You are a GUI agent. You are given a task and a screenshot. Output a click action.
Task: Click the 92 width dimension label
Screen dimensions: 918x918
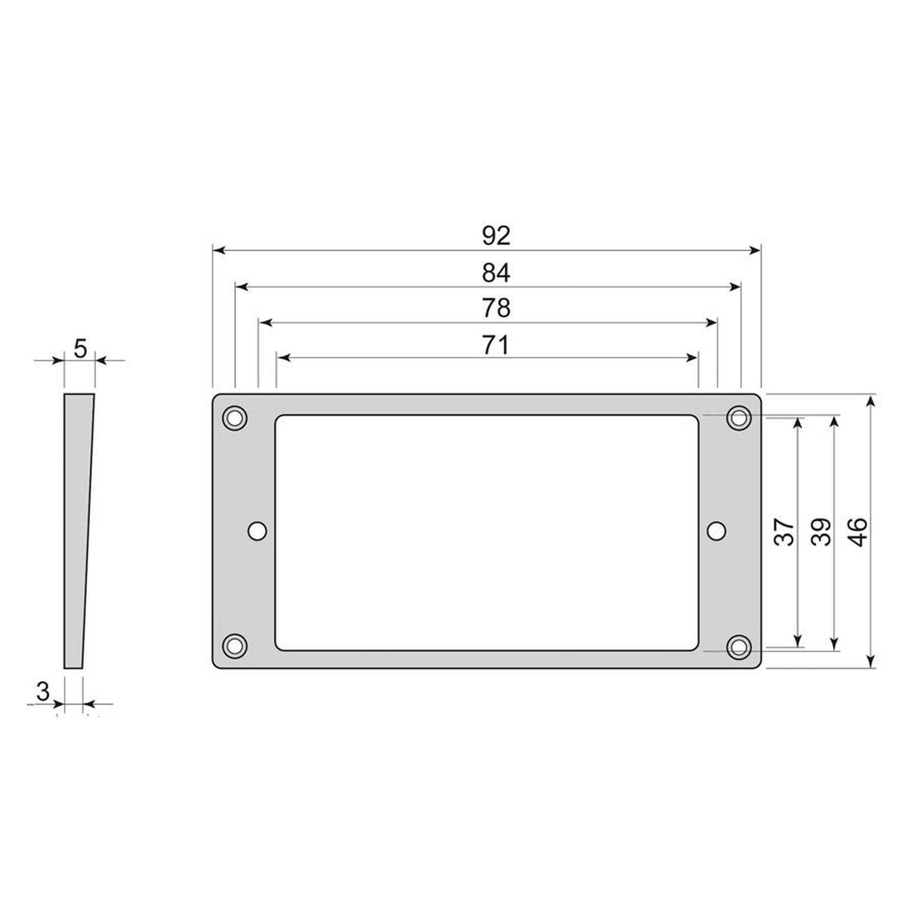click(496, 236)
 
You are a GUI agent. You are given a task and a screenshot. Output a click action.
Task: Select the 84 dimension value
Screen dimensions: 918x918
click(496, 273)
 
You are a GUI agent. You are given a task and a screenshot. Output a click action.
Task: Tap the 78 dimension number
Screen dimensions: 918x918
click(496, 309)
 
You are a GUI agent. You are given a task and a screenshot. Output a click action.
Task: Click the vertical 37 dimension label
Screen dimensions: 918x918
click(785, 532)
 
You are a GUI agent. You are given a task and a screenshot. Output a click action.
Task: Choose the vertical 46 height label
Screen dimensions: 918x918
click(858, 532)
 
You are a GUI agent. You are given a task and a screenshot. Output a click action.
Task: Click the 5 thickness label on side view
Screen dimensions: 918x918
click(81, 349)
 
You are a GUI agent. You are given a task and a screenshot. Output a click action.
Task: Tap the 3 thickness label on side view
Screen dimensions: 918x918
click(43, 690)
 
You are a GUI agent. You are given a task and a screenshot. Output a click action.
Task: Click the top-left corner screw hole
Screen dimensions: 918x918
click(234, 417)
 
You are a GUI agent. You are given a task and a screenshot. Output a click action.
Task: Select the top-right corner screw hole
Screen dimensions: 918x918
click(738, 417)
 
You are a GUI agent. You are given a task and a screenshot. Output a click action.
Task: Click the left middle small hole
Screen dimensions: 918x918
click(257, 531)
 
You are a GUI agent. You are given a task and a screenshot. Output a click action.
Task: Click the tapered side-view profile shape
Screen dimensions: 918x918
click(76, 529)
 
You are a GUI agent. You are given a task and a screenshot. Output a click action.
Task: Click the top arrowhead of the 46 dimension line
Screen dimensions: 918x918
click(872, 401)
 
